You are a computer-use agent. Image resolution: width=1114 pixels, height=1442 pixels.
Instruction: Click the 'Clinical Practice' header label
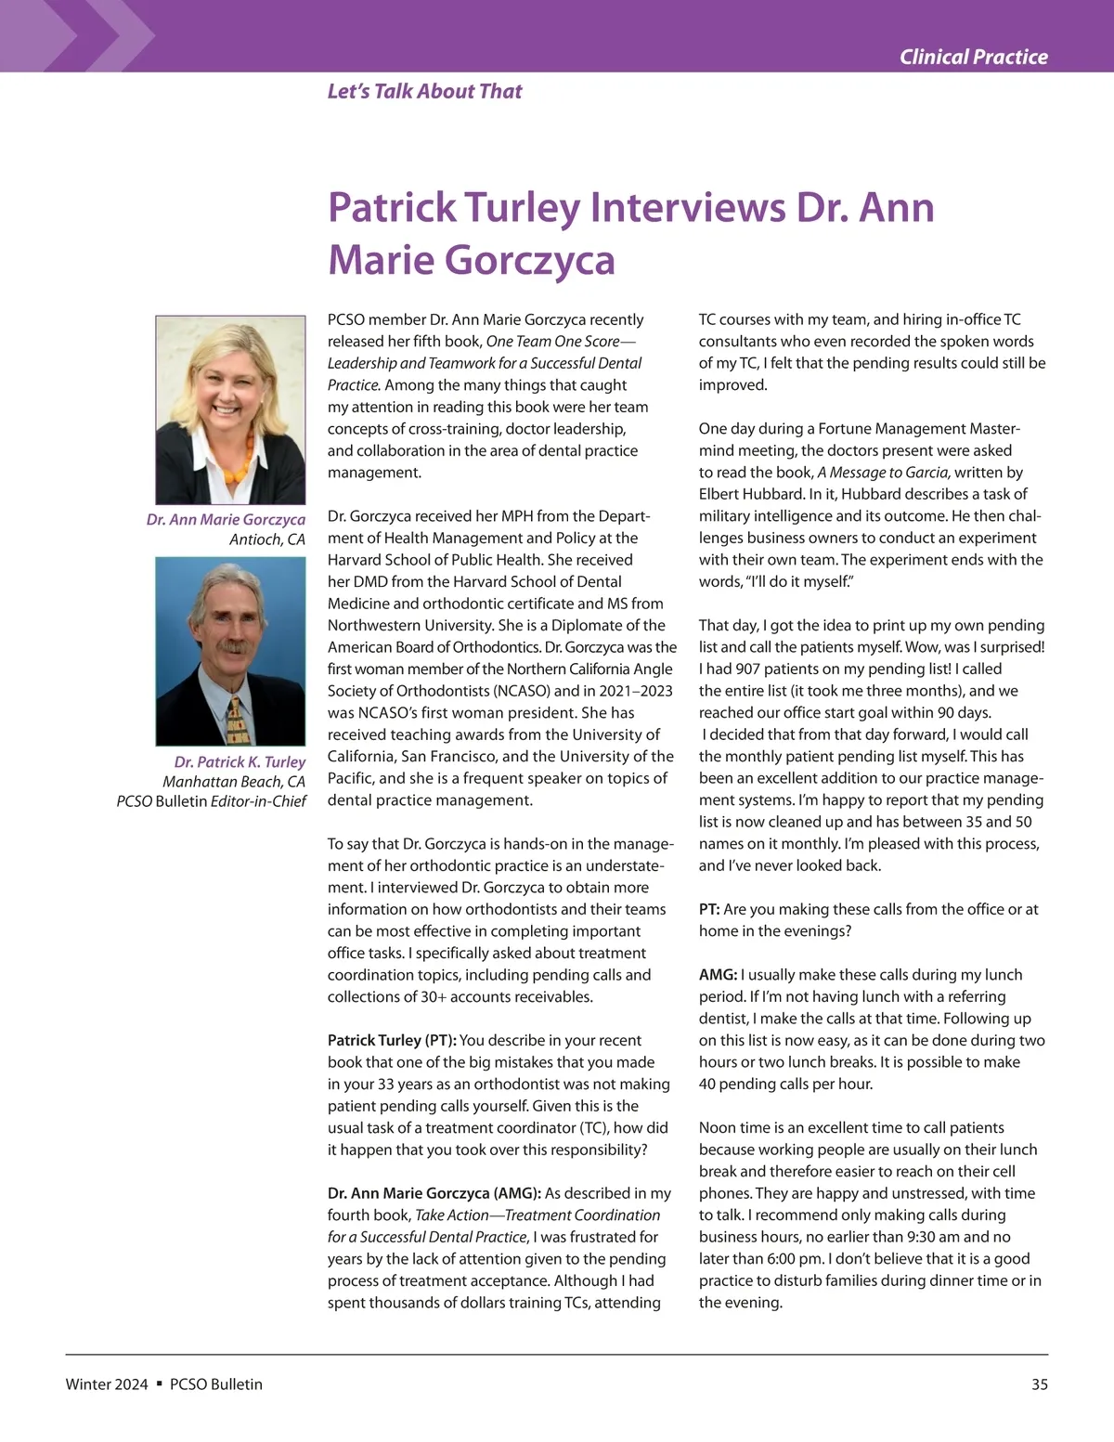pos(973,58)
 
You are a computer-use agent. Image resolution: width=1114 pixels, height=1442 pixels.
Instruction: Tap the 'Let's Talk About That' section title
pos(424,91)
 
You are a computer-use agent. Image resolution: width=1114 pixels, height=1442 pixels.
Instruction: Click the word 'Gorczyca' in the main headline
pos(530,260)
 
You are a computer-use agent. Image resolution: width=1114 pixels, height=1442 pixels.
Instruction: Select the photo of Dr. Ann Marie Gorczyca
pos(230,409)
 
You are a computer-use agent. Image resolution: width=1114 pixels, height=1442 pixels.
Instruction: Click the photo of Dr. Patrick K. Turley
pos(230,651)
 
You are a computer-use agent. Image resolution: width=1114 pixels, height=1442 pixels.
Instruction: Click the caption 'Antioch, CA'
pos(267,539)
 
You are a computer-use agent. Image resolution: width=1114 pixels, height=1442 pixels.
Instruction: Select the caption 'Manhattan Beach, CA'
pos(233,782)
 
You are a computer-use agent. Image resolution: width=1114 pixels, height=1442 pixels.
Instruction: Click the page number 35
pos(1039,1384)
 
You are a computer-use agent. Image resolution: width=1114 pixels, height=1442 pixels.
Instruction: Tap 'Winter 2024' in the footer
pos(107,1384)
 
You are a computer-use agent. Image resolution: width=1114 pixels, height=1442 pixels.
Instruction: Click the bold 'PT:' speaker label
pos(709,910)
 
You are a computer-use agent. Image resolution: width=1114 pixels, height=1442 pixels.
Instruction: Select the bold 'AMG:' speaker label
pos(718,975)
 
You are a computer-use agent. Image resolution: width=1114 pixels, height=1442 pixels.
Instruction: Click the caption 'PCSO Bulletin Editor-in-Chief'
pos(212,801)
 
